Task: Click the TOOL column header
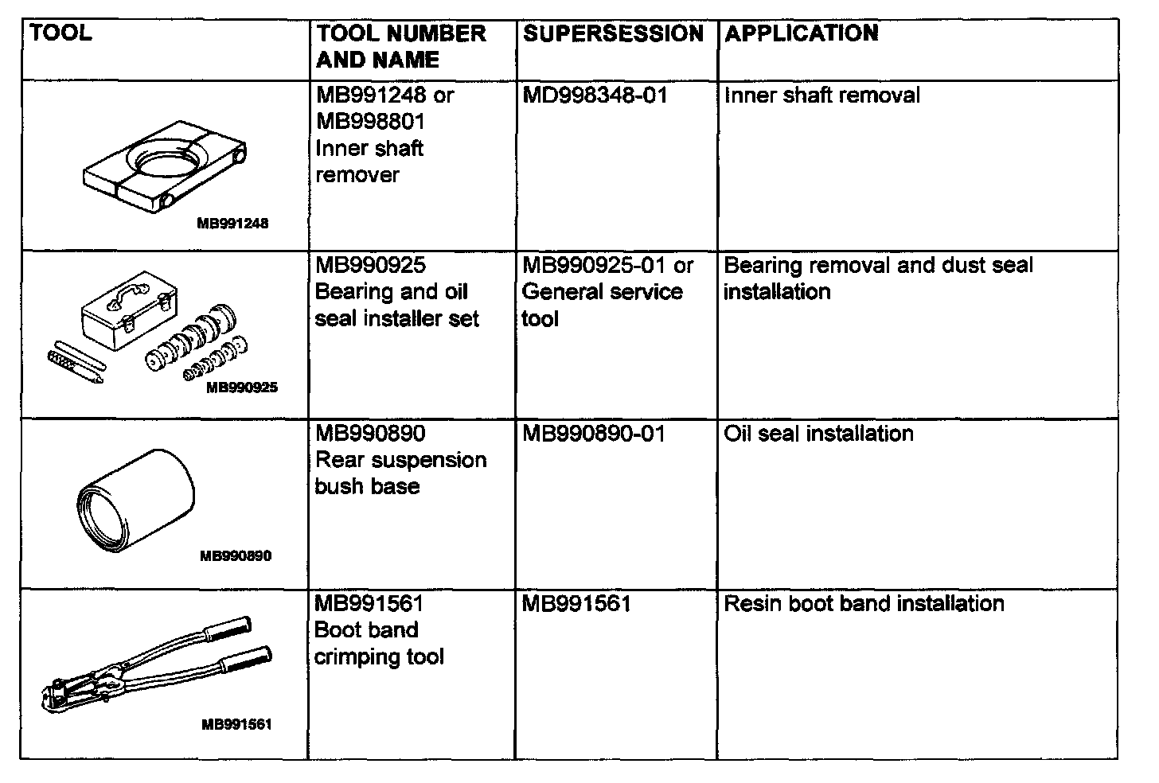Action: pos(60,33)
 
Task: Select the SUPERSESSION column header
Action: pos(613,33)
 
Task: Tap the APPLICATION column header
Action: pos(801,33)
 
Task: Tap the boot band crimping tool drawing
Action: pos(156,664)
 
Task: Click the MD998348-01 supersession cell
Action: pos(595,95)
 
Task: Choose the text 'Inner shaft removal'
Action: pos(821,95)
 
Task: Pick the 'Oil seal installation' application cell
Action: pos(818,434)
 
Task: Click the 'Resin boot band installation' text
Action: pos(864,603)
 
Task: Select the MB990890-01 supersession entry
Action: pos(593,434)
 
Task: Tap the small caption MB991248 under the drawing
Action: pos(232,224)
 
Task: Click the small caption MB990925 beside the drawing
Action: pos(242,388)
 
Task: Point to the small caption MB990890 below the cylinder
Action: pos(236,556)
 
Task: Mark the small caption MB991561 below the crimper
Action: pos(236,725)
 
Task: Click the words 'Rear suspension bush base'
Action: pos(400,473)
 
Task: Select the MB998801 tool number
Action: pos(370,122)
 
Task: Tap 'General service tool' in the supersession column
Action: pos(602,305)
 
